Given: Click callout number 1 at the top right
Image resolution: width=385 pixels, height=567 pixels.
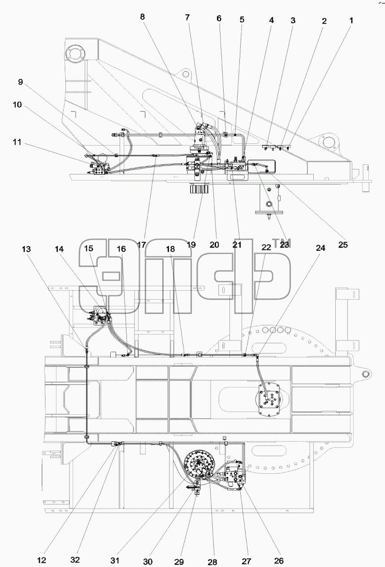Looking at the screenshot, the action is tap(351, 20).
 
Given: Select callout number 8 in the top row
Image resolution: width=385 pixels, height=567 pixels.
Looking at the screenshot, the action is tap(143, 17).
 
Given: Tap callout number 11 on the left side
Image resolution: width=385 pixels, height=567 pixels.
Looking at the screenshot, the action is tap(17, 142).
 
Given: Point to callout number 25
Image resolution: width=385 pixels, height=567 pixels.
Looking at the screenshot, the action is tap(343, 245).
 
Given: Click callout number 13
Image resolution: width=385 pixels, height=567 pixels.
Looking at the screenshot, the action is tap(26, 249).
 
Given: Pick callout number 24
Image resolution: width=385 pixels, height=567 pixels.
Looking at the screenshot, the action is tap(320, 248).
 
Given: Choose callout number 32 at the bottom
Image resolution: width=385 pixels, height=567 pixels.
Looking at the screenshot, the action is tap(75, 560).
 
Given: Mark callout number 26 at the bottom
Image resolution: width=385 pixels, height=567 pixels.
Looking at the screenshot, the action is tap(279, 561).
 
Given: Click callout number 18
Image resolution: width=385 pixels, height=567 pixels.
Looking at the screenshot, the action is tap(170, 249).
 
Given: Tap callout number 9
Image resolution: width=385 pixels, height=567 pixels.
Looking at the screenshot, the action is tap(20, 82).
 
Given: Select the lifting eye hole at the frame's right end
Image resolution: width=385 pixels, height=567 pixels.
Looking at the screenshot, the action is tap(365, 374).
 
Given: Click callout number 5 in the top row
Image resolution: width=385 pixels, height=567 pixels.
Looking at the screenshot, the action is tap(242, 19).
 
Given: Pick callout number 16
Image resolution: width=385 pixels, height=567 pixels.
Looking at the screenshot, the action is tap(121, 249).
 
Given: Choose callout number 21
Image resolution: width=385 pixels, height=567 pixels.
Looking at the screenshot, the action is tap(237, 245).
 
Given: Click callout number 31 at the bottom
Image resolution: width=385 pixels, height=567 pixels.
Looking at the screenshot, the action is tap(115, 560).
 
